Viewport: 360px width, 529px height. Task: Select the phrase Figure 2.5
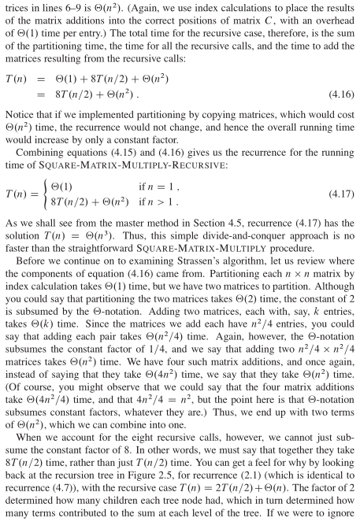click(x=267, y=482)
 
